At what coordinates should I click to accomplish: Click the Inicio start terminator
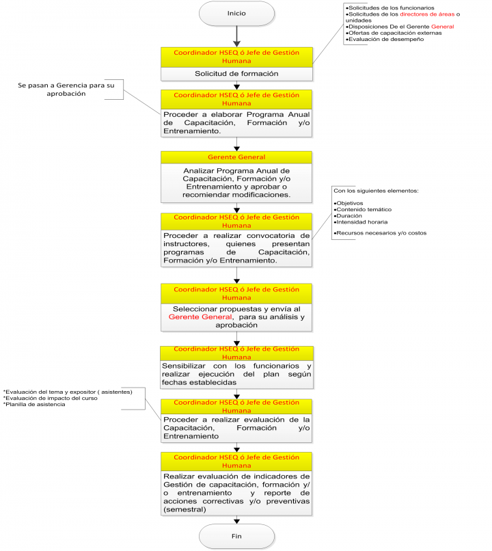[236, 13]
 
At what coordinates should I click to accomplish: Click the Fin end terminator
[236, 535]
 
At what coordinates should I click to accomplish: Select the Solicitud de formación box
[236, 73]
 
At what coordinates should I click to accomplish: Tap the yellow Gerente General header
[236, 157]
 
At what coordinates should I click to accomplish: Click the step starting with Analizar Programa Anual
[236, 182]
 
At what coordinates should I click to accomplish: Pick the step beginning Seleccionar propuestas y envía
[236, 317]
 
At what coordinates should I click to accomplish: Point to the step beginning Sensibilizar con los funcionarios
[236, 374]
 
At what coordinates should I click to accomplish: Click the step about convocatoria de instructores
[236, 247]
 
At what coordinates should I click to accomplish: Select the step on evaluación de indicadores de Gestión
[236, 493]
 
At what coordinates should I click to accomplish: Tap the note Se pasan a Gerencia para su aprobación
[67, 89]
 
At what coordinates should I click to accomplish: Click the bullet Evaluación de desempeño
[386, 39]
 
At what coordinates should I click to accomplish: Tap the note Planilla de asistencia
[35, 405]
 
